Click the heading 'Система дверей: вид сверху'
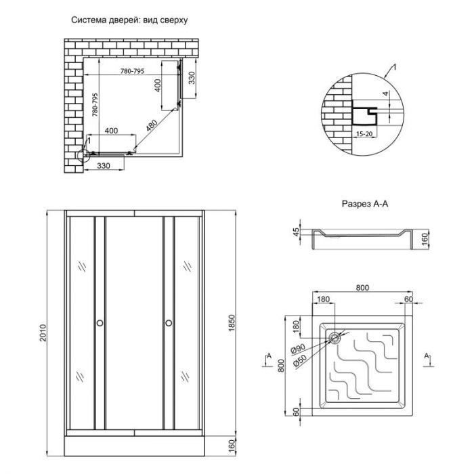129,20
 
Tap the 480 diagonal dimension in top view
151,127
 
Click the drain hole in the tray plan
335,337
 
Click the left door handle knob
100,323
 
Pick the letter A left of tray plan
268,354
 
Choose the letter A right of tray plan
427,354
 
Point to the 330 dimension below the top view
104,165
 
